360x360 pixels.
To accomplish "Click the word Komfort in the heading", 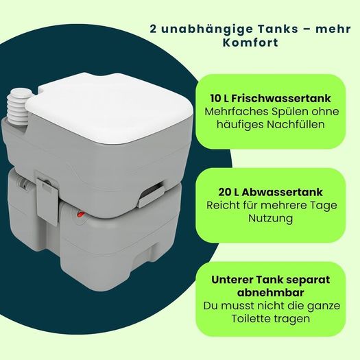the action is (x=250, y=43).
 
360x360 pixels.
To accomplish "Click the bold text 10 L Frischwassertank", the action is (x=271, y=99).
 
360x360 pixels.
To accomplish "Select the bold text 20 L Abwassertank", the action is (x=271, y=192).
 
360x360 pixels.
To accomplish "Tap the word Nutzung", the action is (x=271, y=219).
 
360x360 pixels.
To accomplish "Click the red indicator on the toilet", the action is (x=81, y=215).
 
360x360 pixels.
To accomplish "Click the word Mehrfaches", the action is (x=237, y=112).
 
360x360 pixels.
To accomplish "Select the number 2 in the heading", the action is (x=154, y=29).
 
